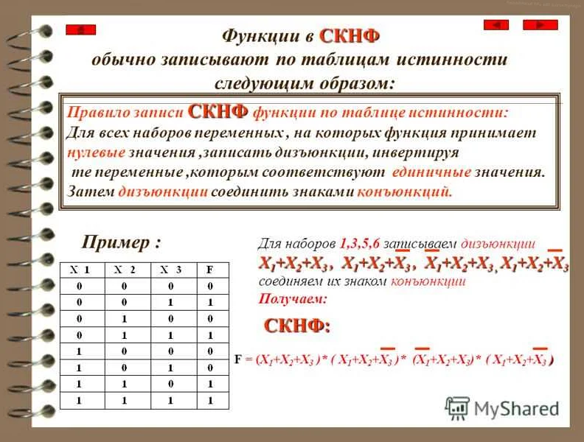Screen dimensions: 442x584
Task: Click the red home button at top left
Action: (80, 30)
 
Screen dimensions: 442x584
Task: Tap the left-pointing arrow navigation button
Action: (496, 25)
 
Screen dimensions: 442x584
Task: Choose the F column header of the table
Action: (210, 270)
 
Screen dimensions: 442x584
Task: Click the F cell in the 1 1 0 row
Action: (210, 385)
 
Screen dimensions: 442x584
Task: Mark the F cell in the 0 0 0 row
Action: (210, 286)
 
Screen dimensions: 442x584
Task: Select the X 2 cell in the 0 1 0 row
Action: (125, 318)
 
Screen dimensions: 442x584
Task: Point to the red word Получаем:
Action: (292, 299)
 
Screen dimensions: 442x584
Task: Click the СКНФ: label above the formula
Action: (297, 325)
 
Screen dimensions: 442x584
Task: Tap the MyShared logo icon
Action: (457, 408)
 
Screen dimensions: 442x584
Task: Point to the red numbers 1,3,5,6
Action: (362, 242)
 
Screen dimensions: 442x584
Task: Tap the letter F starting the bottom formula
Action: (237, 360)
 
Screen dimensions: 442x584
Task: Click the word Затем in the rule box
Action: (90, 192)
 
